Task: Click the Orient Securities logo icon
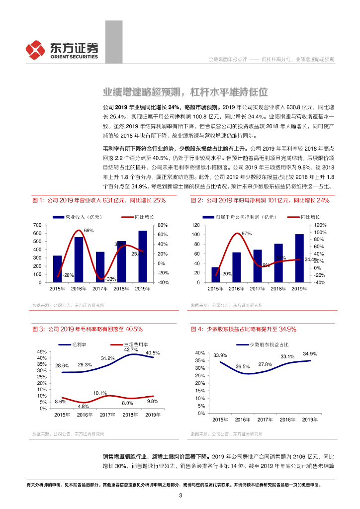36,49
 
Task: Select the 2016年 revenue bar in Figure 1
79,259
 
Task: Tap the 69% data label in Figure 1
89,231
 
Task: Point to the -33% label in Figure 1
110,279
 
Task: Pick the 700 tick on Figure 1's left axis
37,225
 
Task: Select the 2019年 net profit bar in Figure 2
299,258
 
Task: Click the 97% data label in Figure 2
246,234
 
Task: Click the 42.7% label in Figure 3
131,350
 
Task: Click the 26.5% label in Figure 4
243,367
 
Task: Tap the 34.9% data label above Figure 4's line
310,354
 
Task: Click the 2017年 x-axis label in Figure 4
265,420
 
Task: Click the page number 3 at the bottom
180,495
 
